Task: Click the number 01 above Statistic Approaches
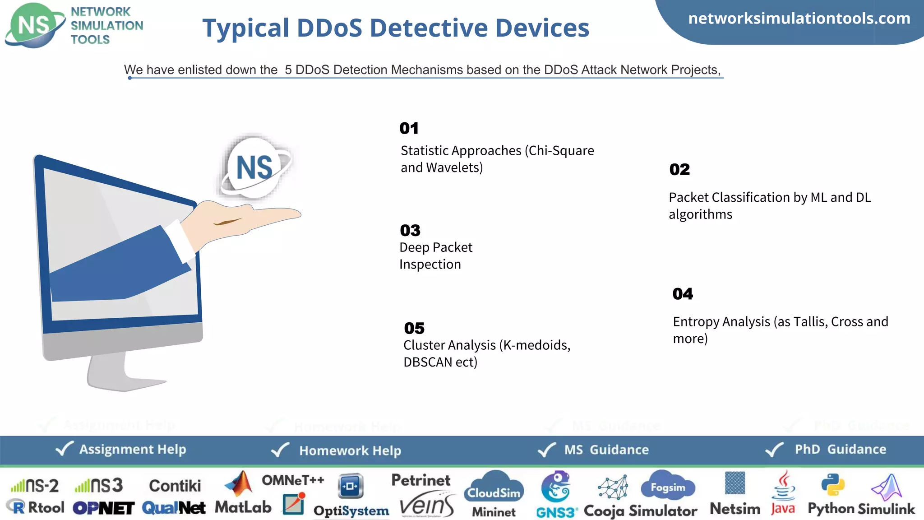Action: [409, 128]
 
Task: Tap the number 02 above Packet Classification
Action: [679, 169]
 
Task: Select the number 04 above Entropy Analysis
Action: [683, 294]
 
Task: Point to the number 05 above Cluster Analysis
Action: [414, 328]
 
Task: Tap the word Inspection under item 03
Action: [430, 264]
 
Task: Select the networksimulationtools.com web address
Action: [799, 19]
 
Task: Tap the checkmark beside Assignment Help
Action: [64, 449]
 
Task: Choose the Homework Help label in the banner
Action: [350, 450]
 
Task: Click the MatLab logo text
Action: [243, 507]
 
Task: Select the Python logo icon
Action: [833, 485]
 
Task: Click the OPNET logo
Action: [103, 508]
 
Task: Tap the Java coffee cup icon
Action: [784, 485]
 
